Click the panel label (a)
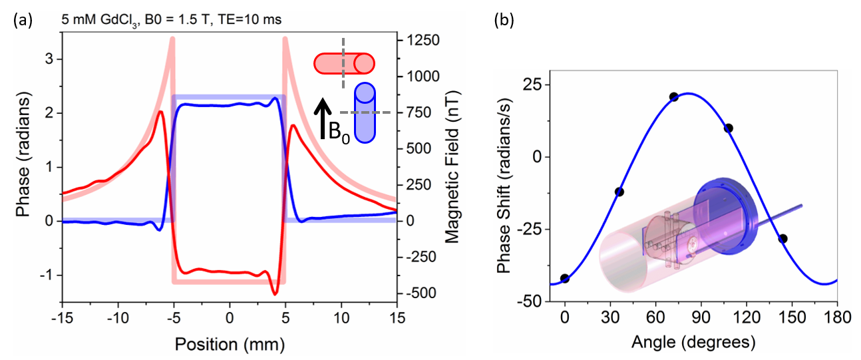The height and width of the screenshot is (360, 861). pyautogui.click(x=22, y=20)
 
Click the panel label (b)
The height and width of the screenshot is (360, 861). pyautogui.click(x=503, y=20)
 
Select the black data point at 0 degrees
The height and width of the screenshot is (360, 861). pyautogui.click(x=565, y=278)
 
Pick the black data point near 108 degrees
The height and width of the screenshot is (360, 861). pyautogui.click(x=729, y=128)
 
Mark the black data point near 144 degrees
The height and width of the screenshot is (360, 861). pyautogui.click(x=782, y=238)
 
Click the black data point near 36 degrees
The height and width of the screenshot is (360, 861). pyautogui.click(x=619, y=192)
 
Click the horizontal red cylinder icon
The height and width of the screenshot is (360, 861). pyautogui.click(x=344, y=64)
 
